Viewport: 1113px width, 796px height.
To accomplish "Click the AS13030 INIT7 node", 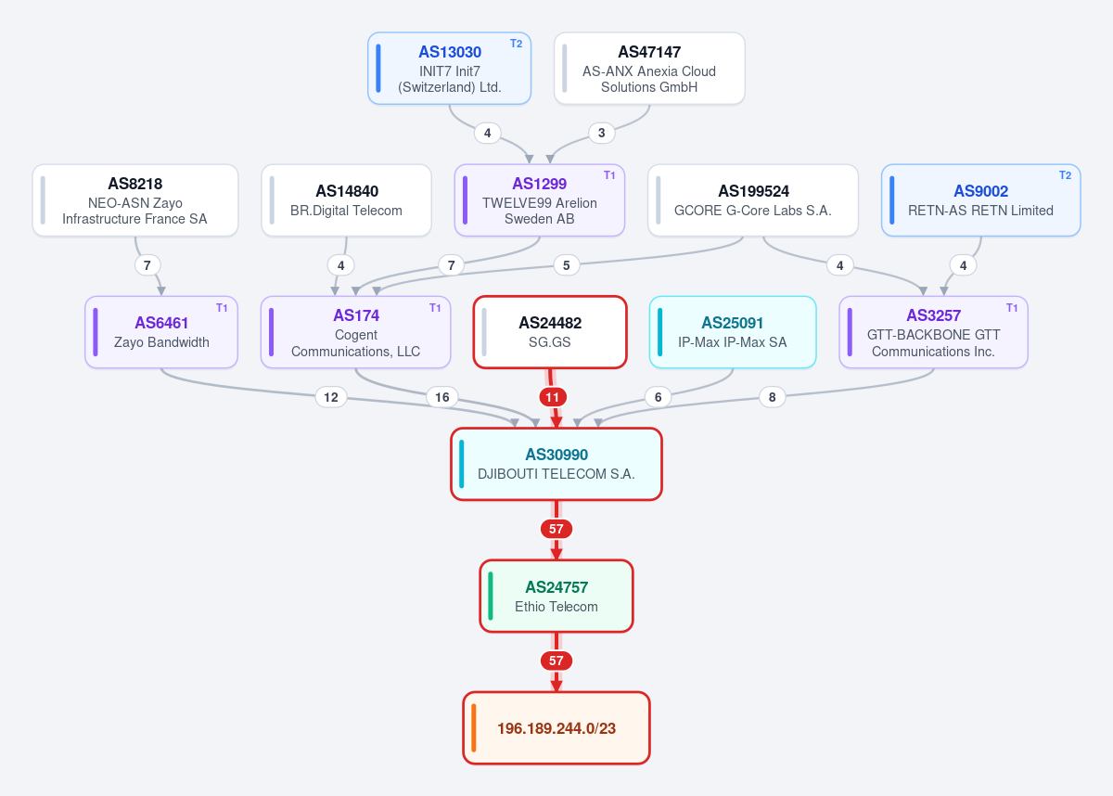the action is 449,69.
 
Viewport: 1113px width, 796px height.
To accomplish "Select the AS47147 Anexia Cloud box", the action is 649,69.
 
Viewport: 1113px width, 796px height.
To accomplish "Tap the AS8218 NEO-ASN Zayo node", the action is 135,200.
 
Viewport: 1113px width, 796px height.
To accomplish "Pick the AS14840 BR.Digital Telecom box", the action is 346,200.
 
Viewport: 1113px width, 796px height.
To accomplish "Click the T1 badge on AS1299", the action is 609,175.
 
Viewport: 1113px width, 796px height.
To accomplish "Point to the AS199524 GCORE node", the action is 753,200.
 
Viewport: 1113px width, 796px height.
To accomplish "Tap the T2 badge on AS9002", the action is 1066,175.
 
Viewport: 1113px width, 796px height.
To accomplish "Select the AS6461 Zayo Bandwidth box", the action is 161,332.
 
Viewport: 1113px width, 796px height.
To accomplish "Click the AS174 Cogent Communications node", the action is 356,332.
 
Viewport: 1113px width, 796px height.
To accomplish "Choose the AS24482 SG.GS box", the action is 550,332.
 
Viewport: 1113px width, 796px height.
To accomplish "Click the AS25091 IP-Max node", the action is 733,332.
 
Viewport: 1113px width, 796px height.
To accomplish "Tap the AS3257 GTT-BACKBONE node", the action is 934,332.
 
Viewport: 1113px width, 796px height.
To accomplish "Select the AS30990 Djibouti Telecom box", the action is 556,464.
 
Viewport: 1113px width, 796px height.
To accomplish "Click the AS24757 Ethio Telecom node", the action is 556,597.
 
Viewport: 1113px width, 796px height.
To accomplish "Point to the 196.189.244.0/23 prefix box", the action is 556,728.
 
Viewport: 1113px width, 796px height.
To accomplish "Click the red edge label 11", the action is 553,397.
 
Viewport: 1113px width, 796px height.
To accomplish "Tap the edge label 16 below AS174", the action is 442,397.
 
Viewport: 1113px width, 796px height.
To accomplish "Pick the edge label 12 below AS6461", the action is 331,397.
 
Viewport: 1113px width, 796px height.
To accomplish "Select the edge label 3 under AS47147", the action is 602,134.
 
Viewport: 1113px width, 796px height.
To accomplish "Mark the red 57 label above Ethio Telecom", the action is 556,529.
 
